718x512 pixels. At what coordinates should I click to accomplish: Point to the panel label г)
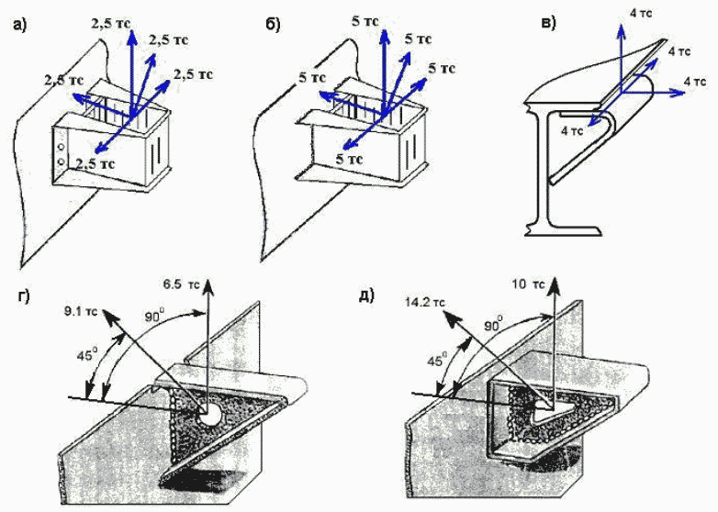26,295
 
